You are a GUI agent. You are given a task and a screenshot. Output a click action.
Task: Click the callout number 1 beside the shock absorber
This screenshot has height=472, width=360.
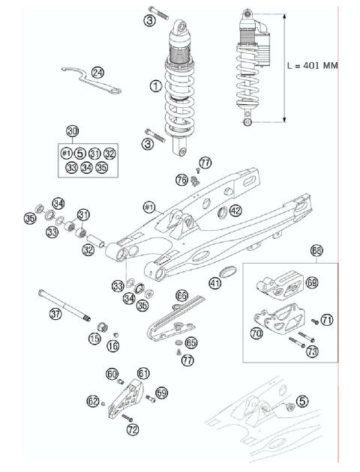[155, 88]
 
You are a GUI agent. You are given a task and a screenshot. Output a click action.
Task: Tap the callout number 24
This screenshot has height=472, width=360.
[98, 72]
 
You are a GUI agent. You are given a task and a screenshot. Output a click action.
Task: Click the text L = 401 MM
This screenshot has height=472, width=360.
[313, 66]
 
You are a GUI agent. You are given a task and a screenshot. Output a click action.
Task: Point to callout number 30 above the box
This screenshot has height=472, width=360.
[72, 131]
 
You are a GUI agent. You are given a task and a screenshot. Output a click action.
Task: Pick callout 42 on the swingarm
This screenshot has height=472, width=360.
[235, 211]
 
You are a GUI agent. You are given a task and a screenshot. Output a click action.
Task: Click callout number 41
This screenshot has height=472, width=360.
[215, 283]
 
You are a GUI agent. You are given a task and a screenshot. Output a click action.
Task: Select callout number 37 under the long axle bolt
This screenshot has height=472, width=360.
[55, 315]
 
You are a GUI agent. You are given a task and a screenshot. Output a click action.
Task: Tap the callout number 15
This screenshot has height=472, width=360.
[94, 339]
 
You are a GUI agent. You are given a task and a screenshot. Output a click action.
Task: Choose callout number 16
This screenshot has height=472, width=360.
[113, 345]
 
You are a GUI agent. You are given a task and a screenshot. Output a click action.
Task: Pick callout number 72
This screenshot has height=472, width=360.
[133, 429]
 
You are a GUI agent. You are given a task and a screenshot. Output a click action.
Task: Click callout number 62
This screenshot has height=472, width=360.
[93, 402]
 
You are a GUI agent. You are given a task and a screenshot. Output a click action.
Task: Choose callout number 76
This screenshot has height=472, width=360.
[181, 179]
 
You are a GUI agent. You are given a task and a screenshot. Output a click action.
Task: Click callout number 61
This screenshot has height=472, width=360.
[143, 373]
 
